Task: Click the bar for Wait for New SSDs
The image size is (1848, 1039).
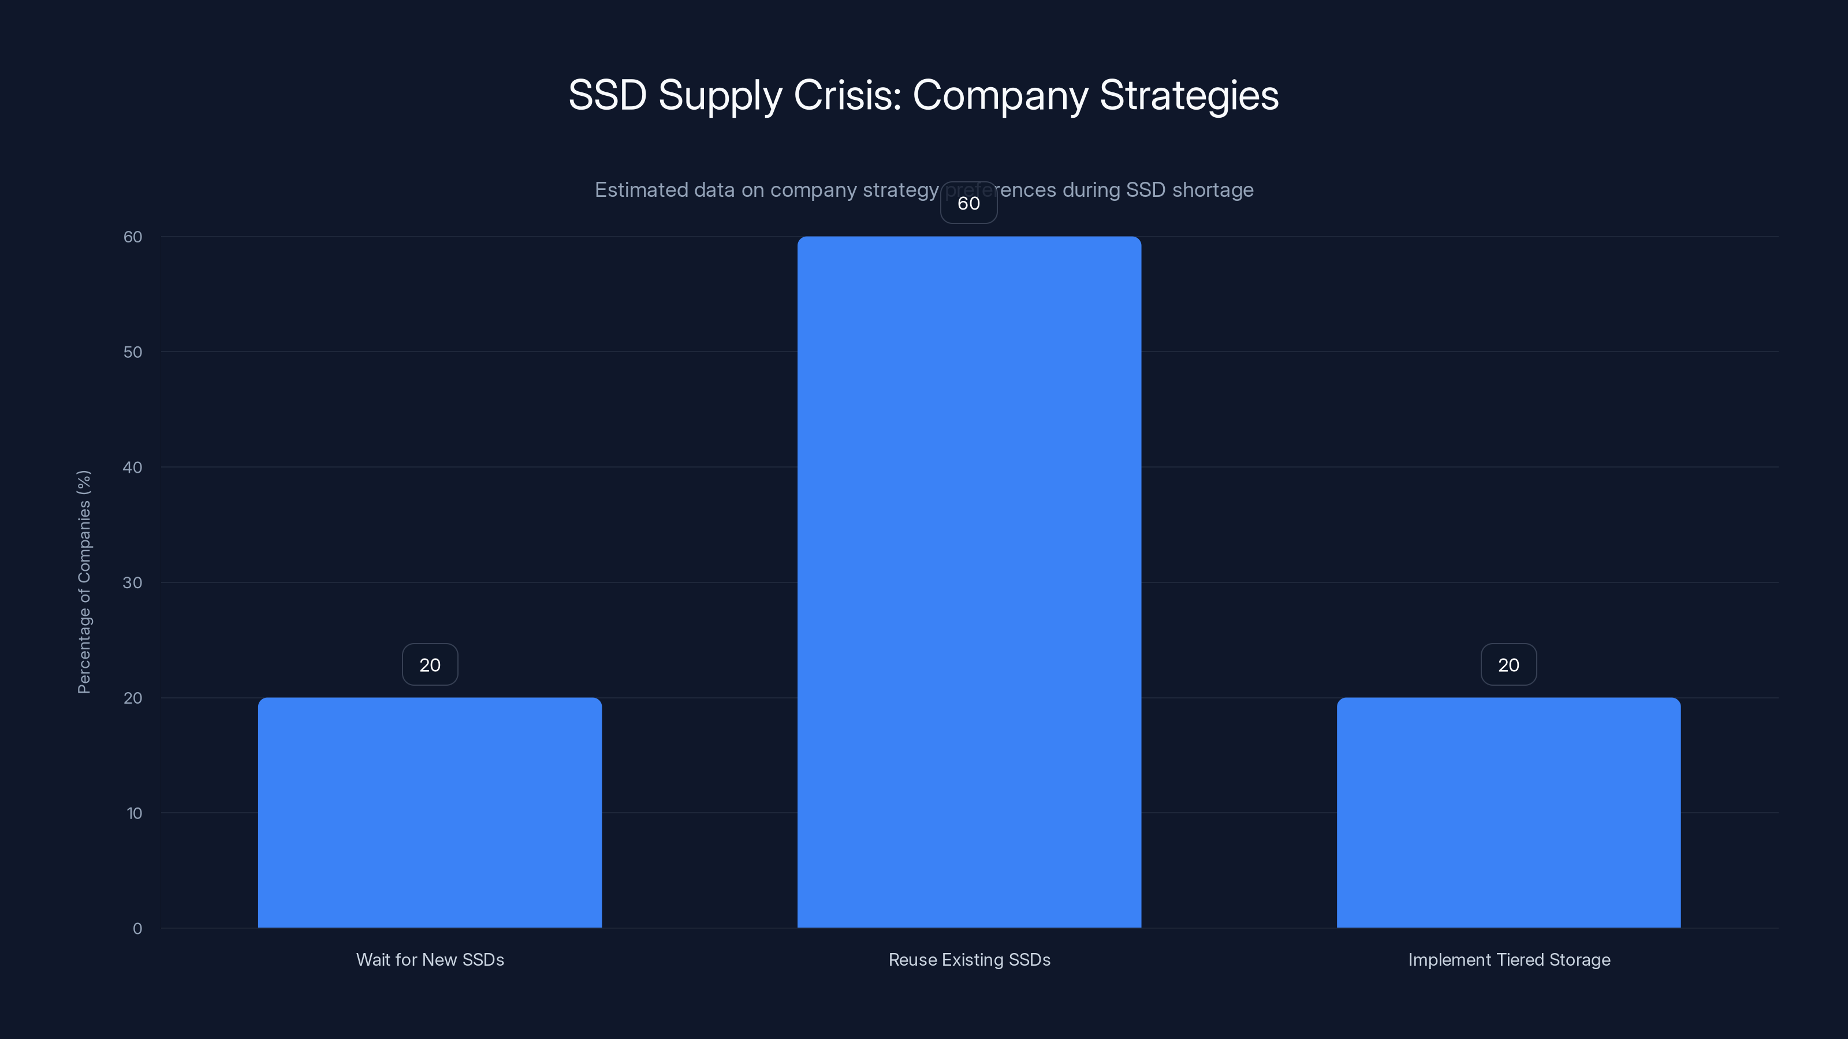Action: point(430,812)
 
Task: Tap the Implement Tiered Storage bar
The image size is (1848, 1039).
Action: point(1508,812)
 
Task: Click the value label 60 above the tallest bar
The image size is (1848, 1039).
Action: point(968,203)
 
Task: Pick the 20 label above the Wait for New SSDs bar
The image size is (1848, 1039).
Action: point(430,665)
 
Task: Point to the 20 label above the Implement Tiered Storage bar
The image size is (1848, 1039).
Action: point(1508,665)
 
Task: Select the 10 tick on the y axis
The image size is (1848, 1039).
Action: point(134,813)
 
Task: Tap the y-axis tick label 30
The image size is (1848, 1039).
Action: point(133,582)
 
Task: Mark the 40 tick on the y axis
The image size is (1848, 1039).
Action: point(133,468)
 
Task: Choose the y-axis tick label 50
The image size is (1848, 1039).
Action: point(133,352)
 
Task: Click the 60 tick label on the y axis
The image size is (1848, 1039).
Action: point(133,237)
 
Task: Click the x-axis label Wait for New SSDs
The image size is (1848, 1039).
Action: point(430,959)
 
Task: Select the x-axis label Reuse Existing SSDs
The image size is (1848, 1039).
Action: point(969,959)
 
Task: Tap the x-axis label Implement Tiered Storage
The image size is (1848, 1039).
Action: point(1508,959)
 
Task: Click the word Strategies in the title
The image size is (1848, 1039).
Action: point(1188,95)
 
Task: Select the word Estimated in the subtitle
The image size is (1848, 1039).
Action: point(640,189)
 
